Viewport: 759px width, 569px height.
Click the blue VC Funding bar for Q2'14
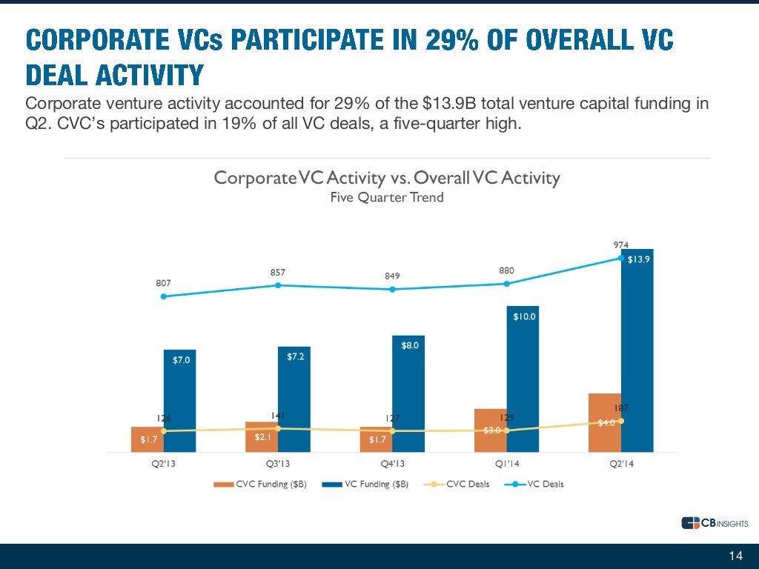point(637,356)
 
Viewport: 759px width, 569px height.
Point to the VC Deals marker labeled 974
point(621,258)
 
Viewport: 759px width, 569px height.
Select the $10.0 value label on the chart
point(524,317)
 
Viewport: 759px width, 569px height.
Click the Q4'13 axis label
point(392,465)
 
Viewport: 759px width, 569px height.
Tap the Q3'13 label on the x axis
point(278,465)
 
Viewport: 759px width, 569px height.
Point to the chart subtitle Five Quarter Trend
point(387,197)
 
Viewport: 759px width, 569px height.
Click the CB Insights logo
point(714,524)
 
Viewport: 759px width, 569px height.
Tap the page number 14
point(736,556)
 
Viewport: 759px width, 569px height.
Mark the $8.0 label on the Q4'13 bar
point(411,345)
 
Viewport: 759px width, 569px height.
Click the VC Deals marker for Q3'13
point(278,285)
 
